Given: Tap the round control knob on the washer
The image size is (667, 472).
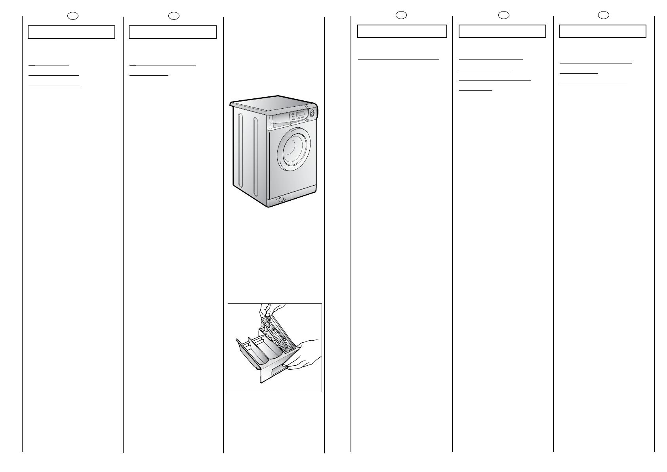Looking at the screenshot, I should click(312, 114).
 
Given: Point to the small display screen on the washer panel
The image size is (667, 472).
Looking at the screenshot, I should click(300, 114).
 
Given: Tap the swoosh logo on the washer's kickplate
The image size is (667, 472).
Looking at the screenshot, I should click(281, 200).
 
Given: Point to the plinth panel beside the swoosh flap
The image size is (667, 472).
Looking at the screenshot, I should click(303, 196).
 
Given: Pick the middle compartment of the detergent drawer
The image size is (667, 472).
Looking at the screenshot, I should click(264, 349).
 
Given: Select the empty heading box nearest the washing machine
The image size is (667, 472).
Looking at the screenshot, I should click(173, 32).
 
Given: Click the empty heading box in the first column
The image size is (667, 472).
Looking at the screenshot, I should click(71, 32).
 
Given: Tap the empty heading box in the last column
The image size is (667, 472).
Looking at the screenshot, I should click(602, 31).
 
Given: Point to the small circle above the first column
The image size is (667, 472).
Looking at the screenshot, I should click(72, 16).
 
